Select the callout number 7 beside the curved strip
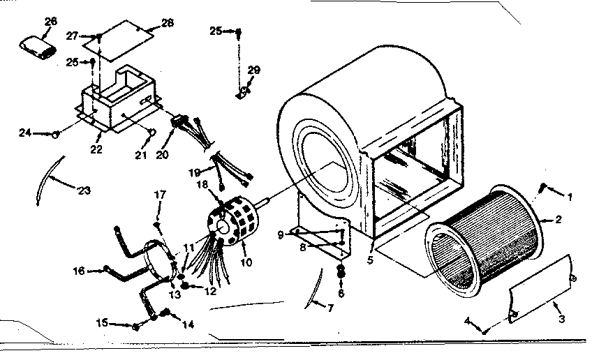coord(320,306)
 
